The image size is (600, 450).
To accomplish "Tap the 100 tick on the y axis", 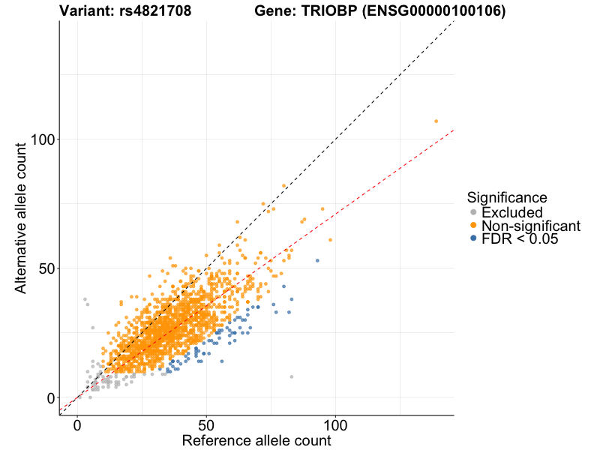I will coord(46,139).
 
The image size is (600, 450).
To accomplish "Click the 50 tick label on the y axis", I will coord(46,268).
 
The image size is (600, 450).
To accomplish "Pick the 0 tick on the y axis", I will coord(51,397).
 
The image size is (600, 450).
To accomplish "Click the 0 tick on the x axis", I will coord(78,424).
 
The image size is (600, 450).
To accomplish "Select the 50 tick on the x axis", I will coord(206,424).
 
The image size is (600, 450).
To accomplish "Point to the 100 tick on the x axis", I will coord(335,424).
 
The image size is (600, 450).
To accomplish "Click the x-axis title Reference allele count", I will coord(256,440).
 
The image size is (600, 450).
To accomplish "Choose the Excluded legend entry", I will coord(512,213).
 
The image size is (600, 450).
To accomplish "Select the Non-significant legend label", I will coord(531,226).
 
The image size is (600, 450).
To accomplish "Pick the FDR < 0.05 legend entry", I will coord(520,238).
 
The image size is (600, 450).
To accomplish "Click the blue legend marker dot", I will coord(473,238).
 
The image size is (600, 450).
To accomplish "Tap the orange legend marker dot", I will coord(473,226).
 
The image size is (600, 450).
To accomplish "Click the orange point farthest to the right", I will coord(436,121).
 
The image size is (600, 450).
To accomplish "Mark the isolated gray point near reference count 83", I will coord(292,376).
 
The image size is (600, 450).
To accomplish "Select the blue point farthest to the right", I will coord(317,260).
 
